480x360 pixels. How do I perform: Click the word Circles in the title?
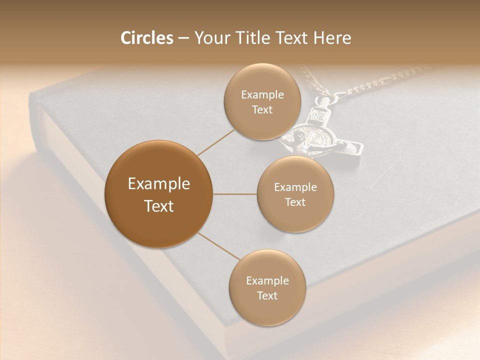(x=146, y=38)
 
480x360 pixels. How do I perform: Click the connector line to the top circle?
(x=216, y=141)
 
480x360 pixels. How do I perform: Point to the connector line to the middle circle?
(x=234, y=194)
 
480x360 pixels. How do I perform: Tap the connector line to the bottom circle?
(x=219, y=246)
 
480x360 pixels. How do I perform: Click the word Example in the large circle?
(x=159, y=184)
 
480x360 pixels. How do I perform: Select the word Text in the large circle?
(x=159, y=206)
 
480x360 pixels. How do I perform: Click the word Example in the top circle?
(x=262, y=95)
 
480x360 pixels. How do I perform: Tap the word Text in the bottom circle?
(x=267, y=296)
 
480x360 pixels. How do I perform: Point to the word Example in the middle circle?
(x=295, y=187)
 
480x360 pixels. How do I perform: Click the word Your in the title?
(x=210, y=38)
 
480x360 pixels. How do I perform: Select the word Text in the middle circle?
(x=295, y=202)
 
